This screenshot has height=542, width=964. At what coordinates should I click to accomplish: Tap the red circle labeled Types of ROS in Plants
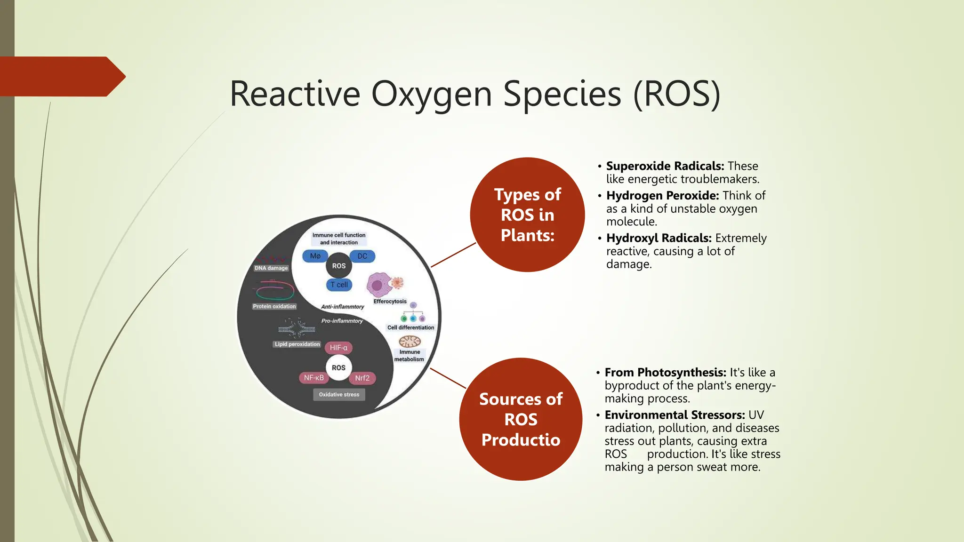pos(527,215)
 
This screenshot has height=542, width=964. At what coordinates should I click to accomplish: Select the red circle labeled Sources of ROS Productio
pos(521,419)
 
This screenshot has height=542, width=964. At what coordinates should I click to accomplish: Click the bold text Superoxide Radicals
pos(665,166)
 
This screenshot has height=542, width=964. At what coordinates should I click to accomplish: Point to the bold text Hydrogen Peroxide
pos(662,195)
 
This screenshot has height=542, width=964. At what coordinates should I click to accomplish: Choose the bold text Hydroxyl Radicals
pos(659,238)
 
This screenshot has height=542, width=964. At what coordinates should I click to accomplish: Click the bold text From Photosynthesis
pos(665,373)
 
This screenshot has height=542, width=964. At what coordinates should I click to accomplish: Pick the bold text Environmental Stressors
pos(675,415)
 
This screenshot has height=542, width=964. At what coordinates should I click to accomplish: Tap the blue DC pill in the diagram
pos(362,256)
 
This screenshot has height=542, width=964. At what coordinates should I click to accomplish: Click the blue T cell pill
pos(339,285)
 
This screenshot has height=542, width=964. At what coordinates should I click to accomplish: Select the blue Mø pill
pos(315,256)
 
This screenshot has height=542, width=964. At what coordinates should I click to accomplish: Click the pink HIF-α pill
pos(338,348)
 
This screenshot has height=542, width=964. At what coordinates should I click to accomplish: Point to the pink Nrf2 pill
pos(362,378)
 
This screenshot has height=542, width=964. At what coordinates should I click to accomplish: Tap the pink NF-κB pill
pos(313,378)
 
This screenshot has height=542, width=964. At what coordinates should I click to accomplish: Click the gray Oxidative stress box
pos(339,395)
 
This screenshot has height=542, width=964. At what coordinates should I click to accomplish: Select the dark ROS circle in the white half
pos(339,266)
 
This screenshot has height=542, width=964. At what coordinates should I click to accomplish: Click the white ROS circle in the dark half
pos(338,367)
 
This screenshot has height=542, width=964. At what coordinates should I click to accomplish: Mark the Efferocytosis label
pos(390,302)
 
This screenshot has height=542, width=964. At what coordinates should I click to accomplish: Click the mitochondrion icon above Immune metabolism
pos(410,341)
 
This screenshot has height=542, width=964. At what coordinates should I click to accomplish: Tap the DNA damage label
pos(271,268)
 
